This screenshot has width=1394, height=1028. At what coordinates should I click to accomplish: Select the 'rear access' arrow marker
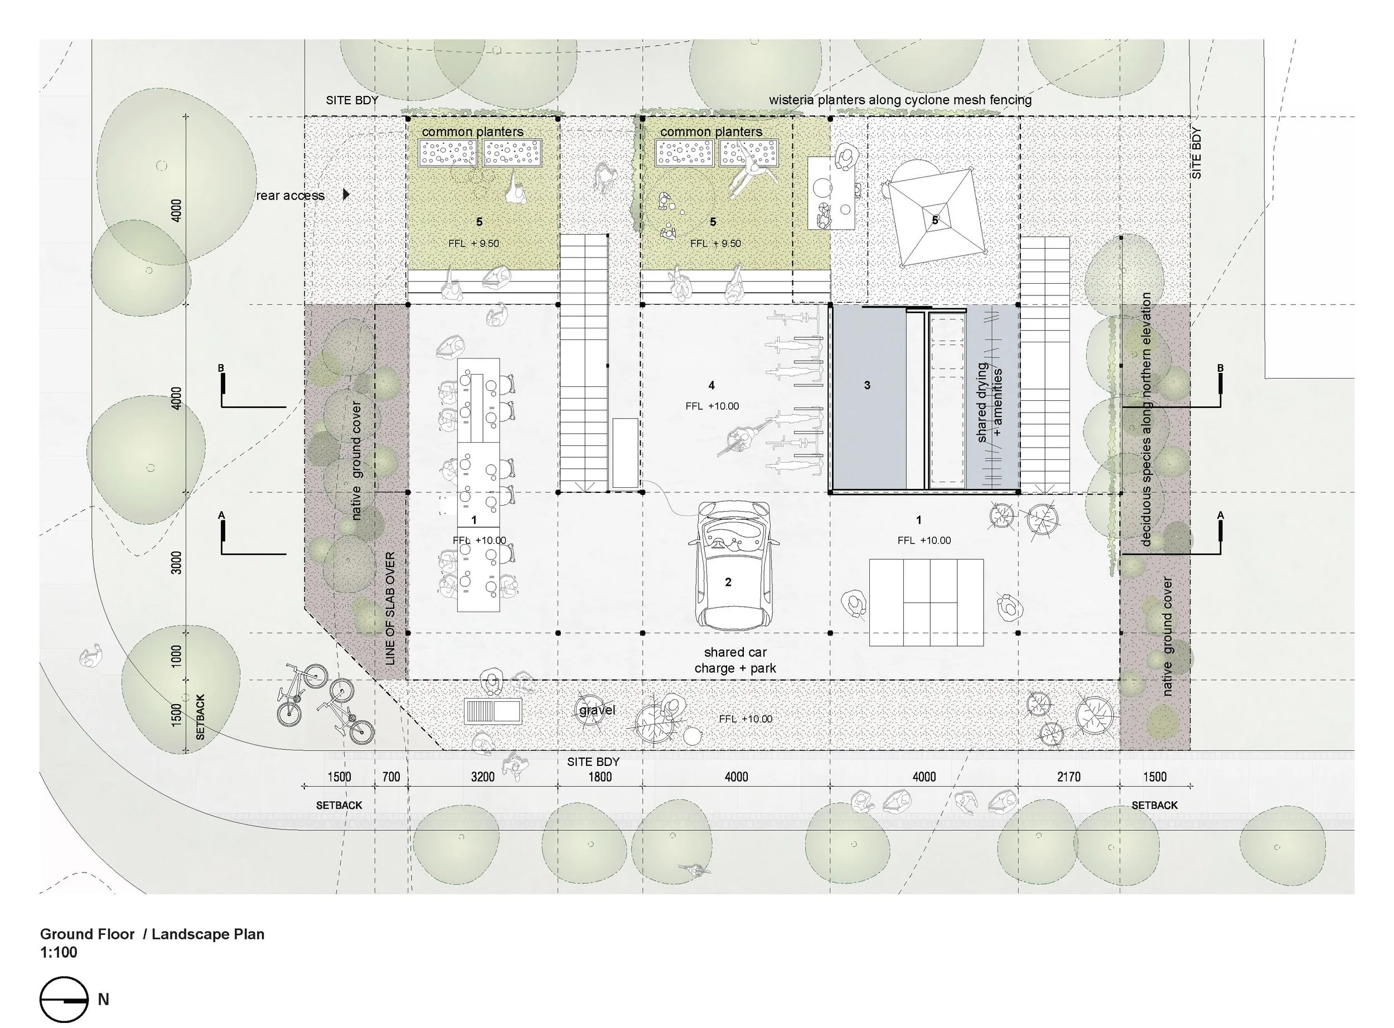[x=347, y=195]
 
